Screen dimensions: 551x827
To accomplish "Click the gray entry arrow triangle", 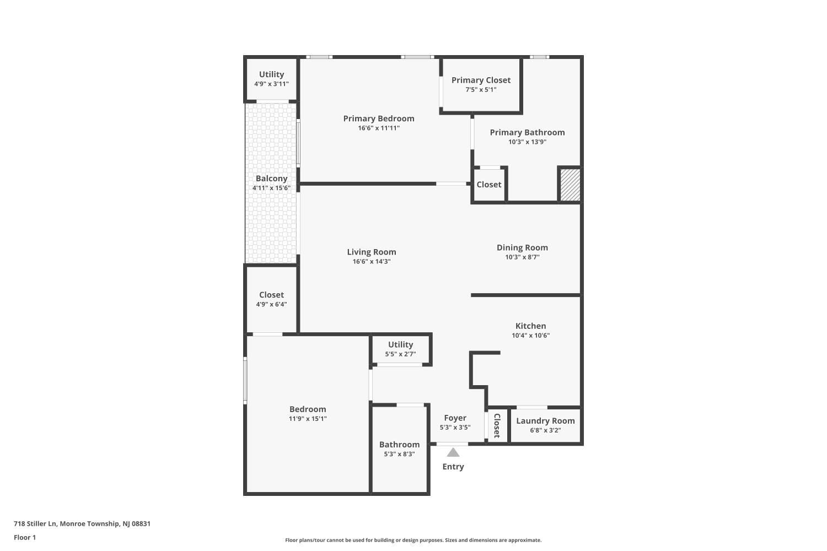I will coord(453,452).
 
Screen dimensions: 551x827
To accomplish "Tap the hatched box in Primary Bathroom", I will coord(570,185).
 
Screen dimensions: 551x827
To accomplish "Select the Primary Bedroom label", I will coord(378,118).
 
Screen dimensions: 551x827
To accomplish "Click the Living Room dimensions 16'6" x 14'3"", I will coord(371,262).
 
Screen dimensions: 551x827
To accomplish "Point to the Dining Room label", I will coord(522,247).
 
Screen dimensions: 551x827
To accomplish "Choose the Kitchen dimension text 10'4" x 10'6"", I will coord(530,336).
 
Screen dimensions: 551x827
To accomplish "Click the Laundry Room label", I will coord(545,420).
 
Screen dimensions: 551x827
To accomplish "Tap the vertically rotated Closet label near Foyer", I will coord(497,425).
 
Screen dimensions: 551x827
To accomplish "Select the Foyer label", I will coord(455,418).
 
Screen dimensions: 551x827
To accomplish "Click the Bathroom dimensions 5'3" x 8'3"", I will coord(399,454).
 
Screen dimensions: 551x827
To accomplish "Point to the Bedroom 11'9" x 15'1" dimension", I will coord(308,419).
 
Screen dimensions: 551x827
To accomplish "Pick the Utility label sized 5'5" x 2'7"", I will coord(400,344).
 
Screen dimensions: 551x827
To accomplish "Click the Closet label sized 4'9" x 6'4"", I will coord(271,295).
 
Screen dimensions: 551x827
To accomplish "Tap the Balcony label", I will coord(271,179).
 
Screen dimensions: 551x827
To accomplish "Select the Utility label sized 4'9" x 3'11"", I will coord(271,74).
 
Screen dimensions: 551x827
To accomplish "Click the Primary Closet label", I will coord(481,80).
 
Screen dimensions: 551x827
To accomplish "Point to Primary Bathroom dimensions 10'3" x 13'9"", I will coord(527,142).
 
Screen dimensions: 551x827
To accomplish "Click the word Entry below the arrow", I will coord(453,467).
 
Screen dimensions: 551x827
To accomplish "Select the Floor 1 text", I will coord(25,537).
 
